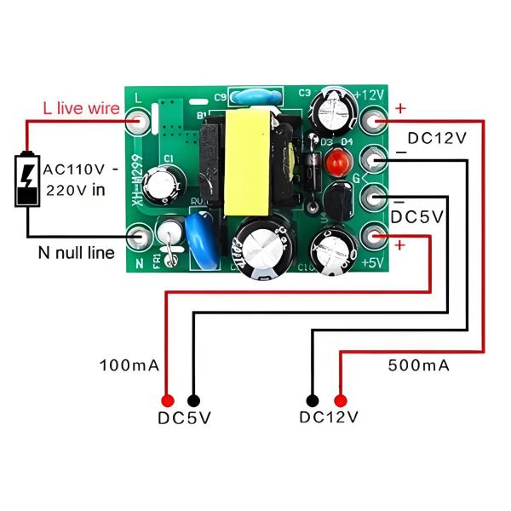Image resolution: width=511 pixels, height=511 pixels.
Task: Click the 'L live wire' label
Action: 81,108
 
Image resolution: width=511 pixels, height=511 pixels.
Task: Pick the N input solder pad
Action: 140,238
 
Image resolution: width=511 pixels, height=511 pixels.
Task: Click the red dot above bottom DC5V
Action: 168,399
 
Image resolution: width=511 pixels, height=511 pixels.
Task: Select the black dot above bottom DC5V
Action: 195,399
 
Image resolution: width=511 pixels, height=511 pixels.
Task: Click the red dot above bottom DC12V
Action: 342,399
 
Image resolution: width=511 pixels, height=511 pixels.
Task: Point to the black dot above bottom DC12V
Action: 313,399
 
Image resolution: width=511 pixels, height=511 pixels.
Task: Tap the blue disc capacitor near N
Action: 198,229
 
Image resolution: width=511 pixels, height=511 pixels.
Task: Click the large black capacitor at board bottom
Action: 263,249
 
